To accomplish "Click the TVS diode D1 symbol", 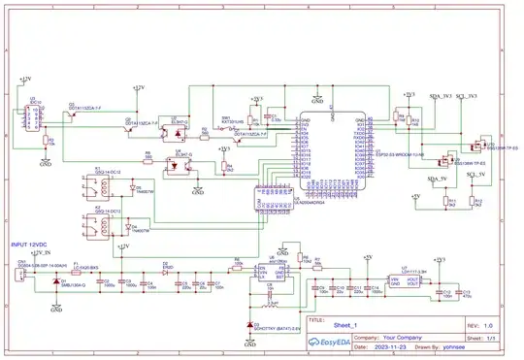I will pyautogui.click(x=54, y=283).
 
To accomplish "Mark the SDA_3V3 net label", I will pyautogui.click(x=442, y=97).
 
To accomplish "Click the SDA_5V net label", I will pyautogui.click(x=439, y=180).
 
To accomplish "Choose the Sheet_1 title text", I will pyautogui.click(x=346, y=325).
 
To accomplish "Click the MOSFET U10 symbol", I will pyautogui.click(x=479, y=146).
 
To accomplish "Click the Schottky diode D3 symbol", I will pyautogui.click(x=253, y=324).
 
